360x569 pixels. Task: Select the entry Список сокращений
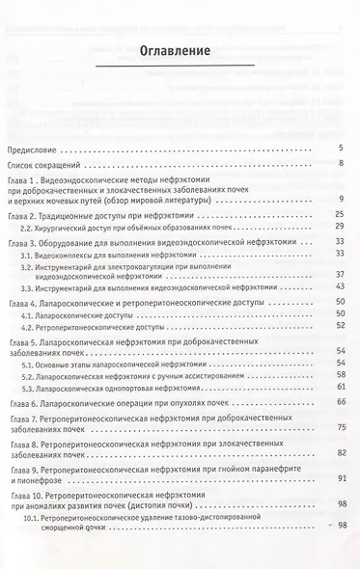click(x=45, y=165)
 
